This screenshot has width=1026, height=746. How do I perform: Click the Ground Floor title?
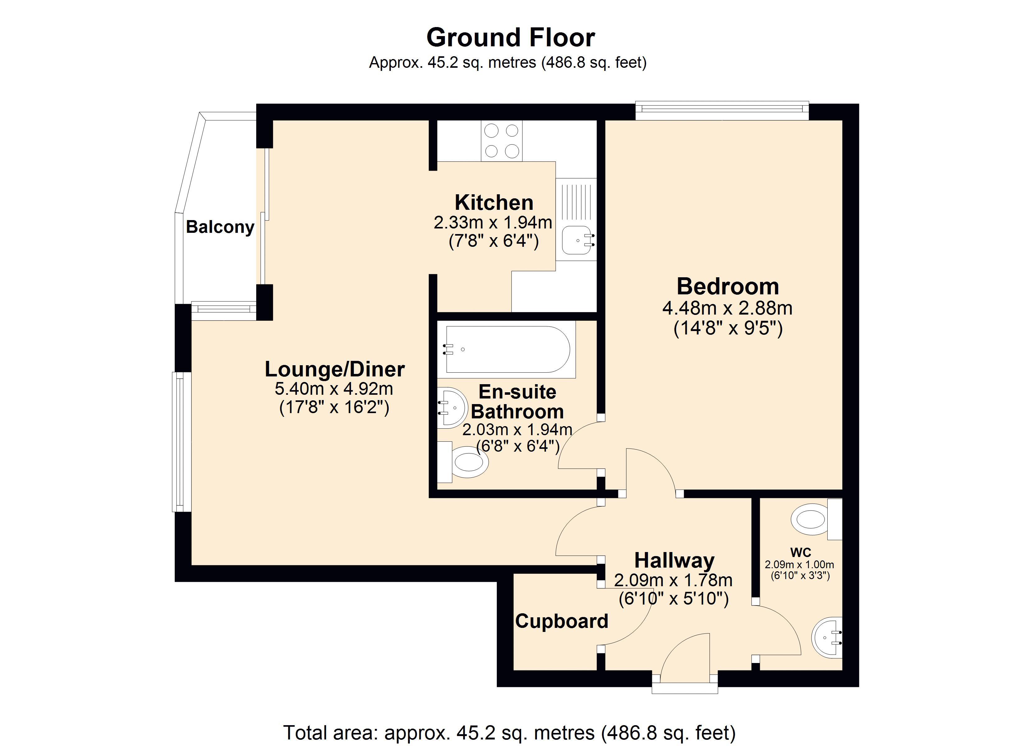[510, 38]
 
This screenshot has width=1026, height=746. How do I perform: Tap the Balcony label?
[220, 227]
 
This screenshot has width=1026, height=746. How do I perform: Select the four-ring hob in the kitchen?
[501, 141]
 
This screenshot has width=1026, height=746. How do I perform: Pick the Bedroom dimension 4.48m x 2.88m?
[728, 308]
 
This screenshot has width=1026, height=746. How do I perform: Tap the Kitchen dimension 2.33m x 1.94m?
[493, 223]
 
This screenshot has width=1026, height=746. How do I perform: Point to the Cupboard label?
[562, 621]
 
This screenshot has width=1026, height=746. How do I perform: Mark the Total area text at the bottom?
[509, 732]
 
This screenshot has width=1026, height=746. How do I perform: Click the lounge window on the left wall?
[181, 441]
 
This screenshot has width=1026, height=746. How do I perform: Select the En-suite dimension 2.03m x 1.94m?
[517, 429]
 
